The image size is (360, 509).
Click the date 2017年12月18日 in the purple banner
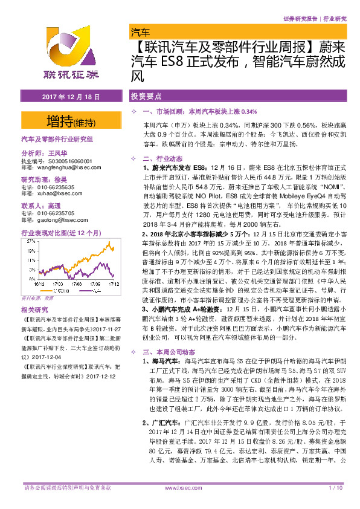pyautogui.click(x=70, y=97)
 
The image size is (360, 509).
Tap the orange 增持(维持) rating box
pyautogui.click(x=70, y=121)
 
